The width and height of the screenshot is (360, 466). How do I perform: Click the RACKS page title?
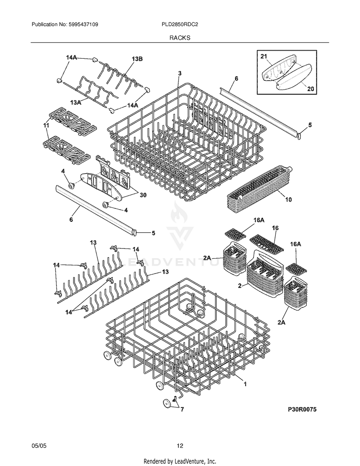pos(180,37)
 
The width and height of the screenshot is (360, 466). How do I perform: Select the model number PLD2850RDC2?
pos(180,24)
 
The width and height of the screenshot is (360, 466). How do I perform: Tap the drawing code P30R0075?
pos(302,409)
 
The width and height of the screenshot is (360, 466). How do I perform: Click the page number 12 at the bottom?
pos(180,446)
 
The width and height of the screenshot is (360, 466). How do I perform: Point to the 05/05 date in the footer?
pos(39,446)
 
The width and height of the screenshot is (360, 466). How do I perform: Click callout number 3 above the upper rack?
pos(180,73)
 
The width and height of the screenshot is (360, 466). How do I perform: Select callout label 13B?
pos(137,59)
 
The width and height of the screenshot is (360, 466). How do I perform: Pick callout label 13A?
pos(76,103)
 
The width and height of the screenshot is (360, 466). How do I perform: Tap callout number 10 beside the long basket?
pos(288,199)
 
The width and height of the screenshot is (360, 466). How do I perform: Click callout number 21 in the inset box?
pos(264,56)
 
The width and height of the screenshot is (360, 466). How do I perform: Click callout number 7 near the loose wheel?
pos(182,409)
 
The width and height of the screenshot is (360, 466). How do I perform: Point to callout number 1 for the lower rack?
pos(245,385)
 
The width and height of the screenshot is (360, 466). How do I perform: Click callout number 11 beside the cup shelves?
pos(46,125)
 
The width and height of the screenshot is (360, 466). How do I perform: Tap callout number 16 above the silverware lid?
pos(275,228)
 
